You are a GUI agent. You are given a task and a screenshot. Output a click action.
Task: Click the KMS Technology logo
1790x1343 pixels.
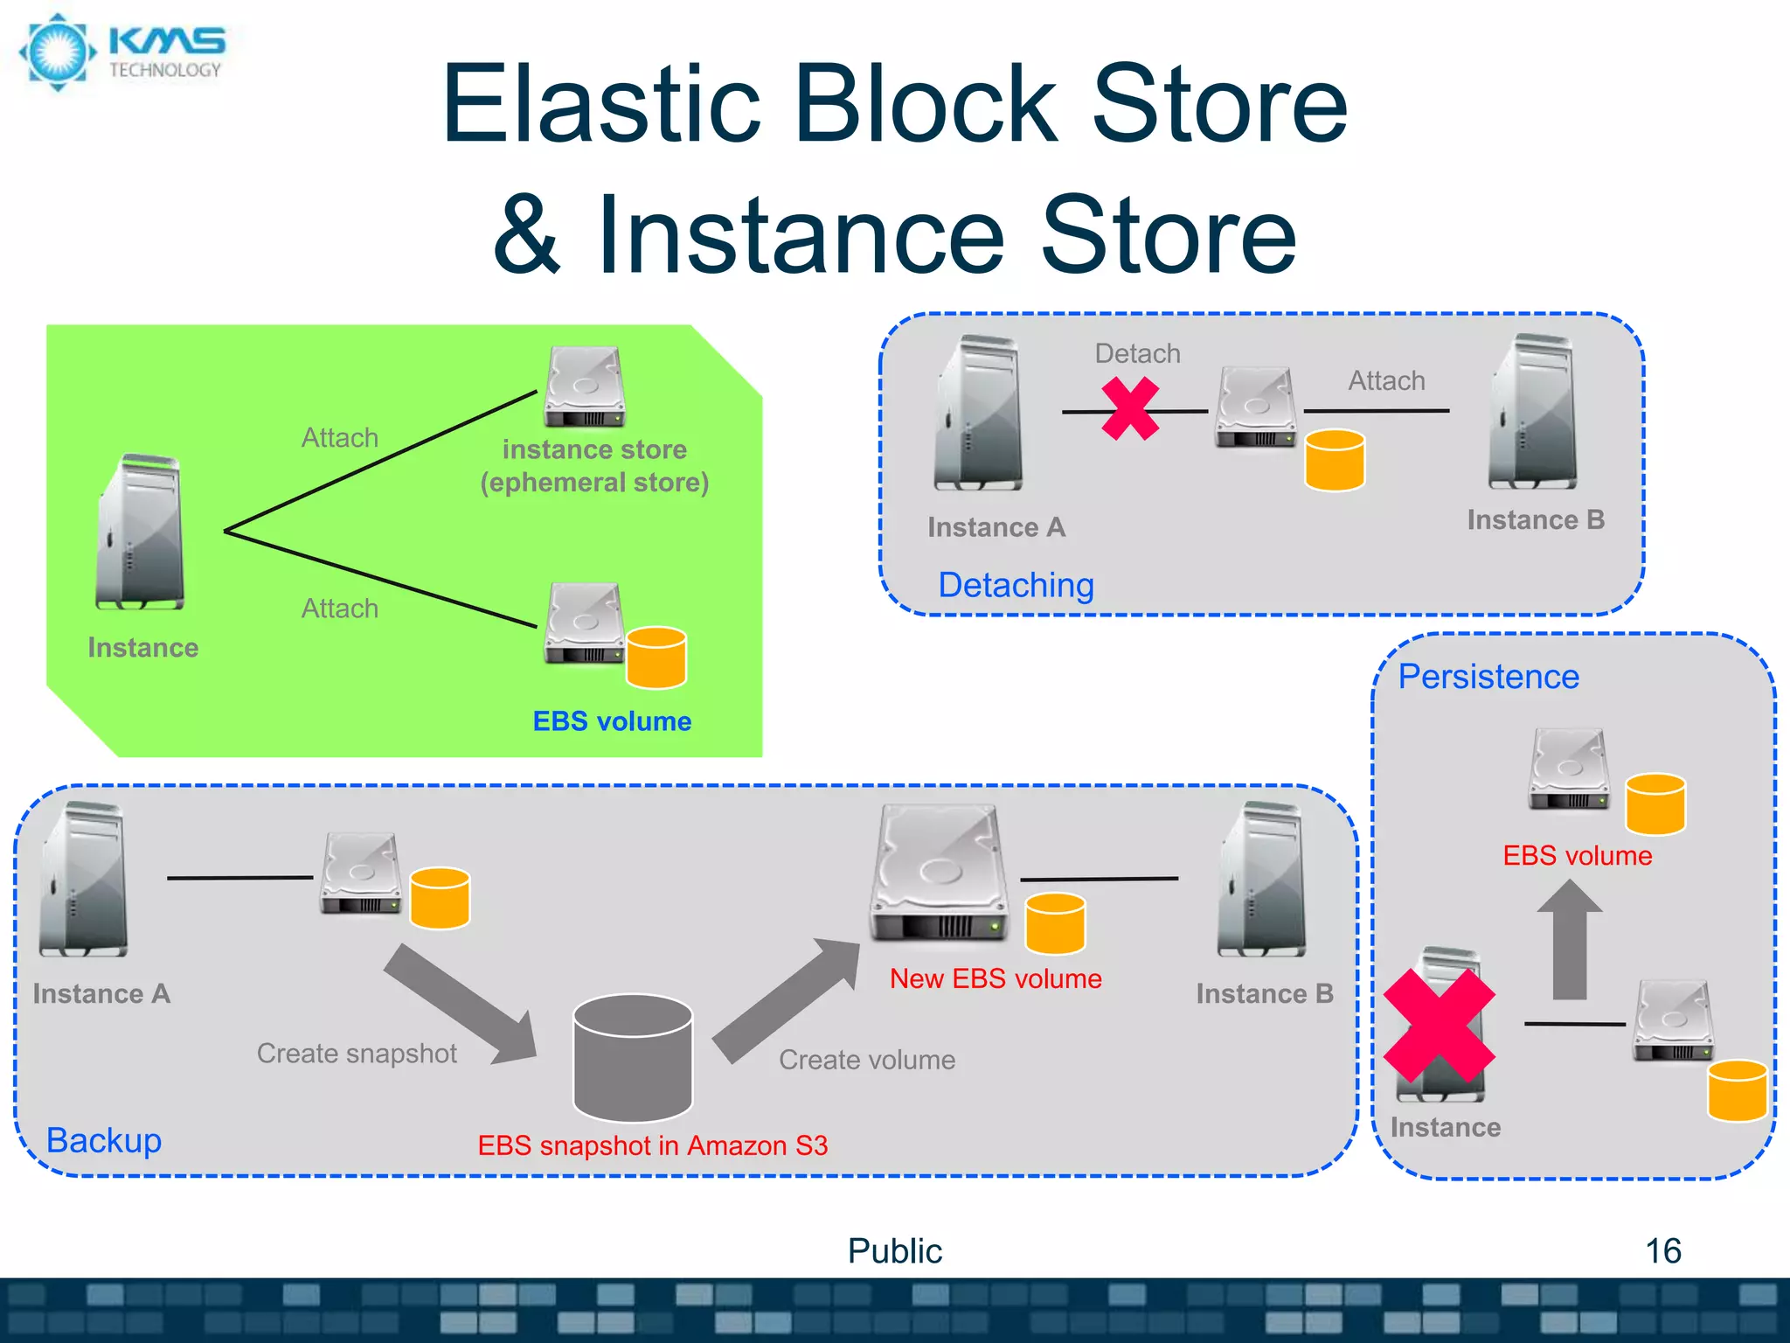tap(122, 52)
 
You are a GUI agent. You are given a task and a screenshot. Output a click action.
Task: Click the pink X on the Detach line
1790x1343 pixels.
tap(1130, 408)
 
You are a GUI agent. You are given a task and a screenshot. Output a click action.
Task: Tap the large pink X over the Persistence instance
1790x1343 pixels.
tap(1440, 1025)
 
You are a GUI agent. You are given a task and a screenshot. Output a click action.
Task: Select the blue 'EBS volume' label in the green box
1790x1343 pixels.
tap(612, 721)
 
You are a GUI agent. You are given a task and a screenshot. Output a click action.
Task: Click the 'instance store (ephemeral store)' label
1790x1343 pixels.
tap(594, 466)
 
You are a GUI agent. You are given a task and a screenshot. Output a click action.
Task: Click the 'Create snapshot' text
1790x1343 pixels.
tap(357, 1054)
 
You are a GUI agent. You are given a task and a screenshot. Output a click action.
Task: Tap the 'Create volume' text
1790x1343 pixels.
tap(867, 1060)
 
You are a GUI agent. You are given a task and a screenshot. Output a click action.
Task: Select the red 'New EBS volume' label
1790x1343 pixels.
tap(996, 978)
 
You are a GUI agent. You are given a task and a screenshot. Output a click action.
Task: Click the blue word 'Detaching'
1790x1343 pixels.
tap(1016, 585)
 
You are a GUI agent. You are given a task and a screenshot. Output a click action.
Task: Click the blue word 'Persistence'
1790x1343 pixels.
tap(1488, 677)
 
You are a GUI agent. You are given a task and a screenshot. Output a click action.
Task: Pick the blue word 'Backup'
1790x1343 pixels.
tap(104, 1140)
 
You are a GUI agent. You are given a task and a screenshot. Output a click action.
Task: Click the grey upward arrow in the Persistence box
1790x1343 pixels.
tap(1570, 940)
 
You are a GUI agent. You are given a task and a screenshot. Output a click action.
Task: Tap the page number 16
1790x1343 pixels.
tap(1662, 1251)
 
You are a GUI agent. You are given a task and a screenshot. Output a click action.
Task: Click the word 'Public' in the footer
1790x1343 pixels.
tap(895, 1251)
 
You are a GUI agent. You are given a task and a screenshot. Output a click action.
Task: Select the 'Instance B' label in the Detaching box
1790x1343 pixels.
tap(1536, 520)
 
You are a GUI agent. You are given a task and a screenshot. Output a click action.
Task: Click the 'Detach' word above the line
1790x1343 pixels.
tap(1137, 354)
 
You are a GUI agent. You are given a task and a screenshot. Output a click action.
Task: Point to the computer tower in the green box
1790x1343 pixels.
tap(141, 532)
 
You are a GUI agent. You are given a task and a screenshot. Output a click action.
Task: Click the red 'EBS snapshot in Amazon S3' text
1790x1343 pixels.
tap(652, 1145)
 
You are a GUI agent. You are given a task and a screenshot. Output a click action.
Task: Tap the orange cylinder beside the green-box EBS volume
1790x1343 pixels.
tap(656, 658)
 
